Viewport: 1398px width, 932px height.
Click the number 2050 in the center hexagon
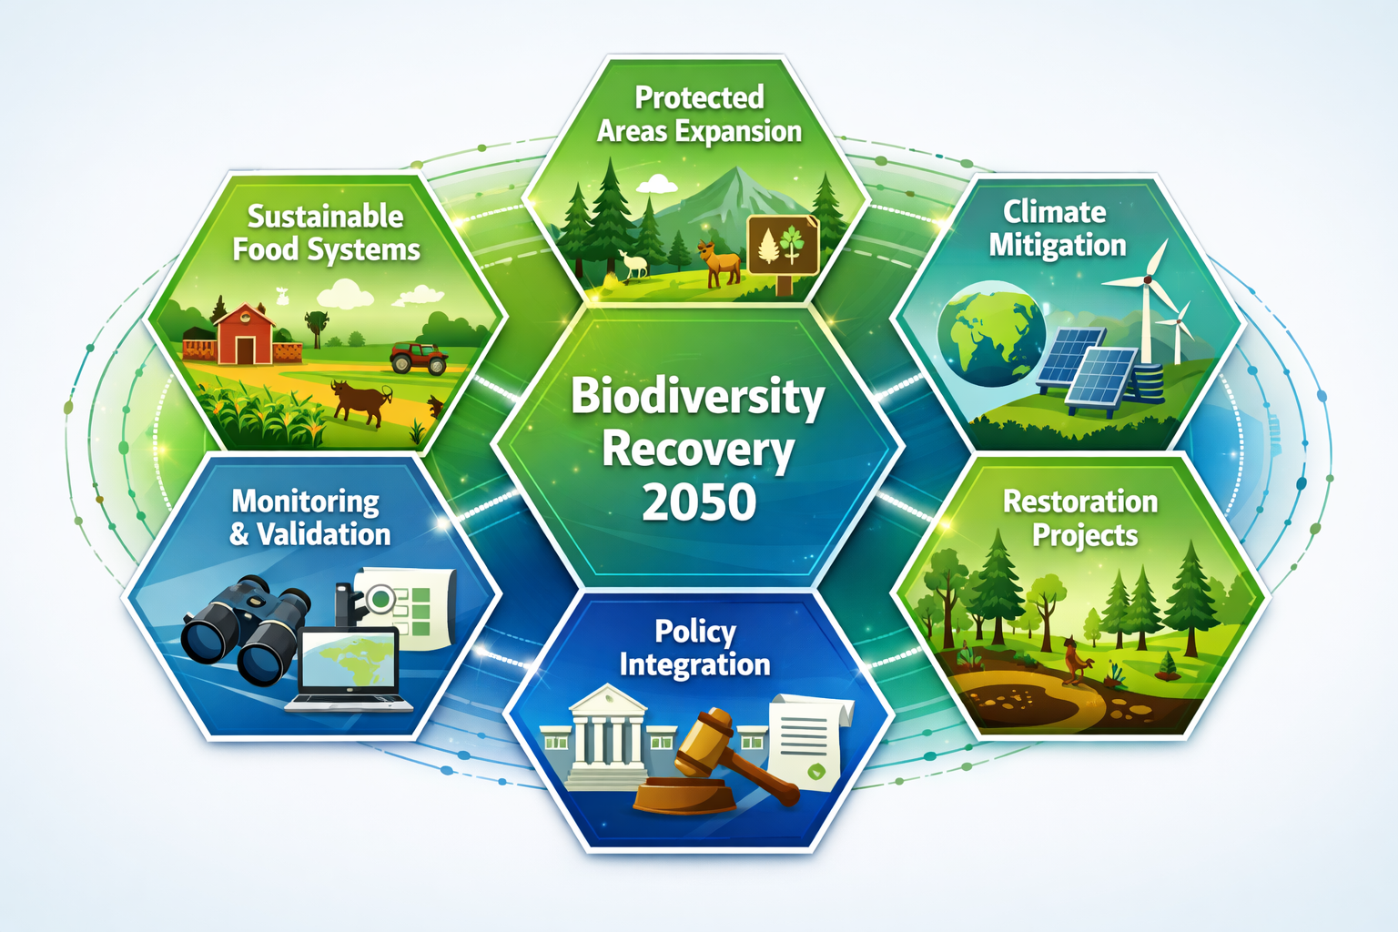[x=699, y=501]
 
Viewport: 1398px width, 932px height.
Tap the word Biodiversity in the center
[x=697, y=397]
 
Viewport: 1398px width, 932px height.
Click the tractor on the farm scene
[x=419, y=358]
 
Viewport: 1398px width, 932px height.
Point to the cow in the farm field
[x=360, y=401]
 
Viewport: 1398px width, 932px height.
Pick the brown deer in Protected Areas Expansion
[x=720, y=264]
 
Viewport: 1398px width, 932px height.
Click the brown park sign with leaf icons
[x=783, y=246]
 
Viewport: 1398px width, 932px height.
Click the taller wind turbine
[x=1149, y=291]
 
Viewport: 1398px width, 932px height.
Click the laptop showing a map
[x=350, y=669]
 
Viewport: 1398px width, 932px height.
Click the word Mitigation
[x=1058, y=246]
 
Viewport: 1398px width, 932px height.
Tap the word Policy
[x=695, y=631]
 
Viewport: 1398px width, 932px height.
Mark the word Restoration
[x=1080, y=501]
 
